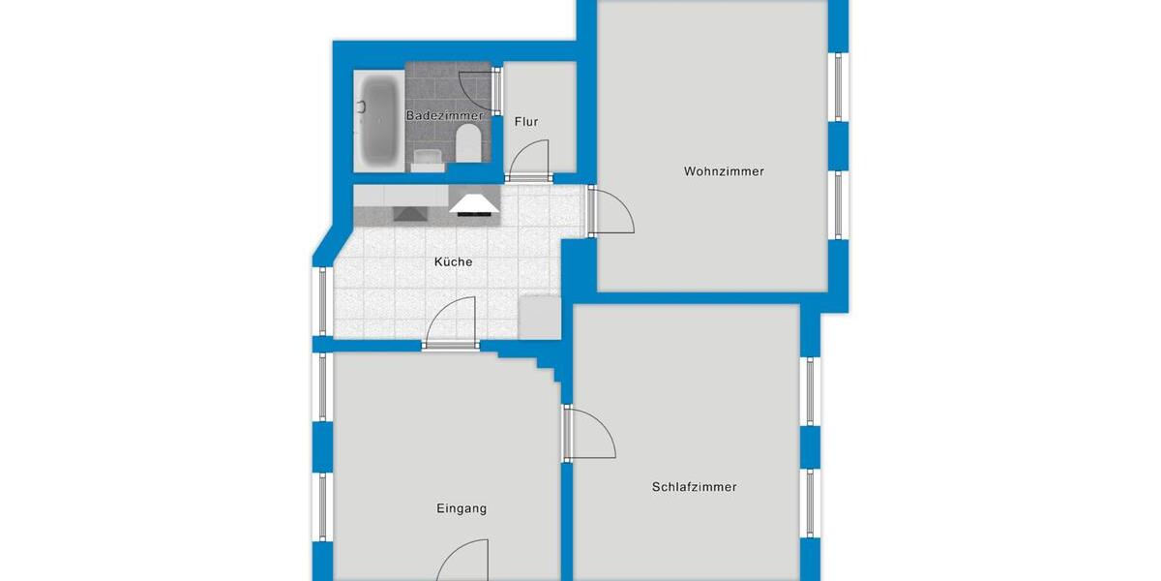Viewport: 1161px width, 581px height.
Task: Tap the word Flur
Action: point(526,122)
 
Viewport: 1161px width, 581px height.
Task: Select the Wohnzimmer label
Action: point(724,171)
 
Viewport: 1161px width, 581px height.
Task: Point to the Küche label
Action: point(453,261)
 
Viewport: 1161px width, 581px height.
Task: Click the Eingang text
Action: point(461,508)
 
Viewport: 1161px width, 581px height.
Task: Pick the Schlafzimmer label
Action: point(694,487)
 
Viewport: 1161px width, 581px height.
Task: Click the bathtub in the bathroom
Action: point(378,121)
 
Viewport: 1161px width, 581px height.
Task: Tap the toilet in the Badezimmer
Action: point(467,143)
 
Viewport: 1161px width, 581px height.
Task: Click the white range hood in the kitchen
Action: point(474,201)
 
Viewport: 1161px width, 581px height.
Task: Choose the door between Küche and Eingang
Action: point(453,324)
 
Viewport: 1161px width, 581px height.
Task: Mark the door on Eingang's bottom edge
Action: point(462,562)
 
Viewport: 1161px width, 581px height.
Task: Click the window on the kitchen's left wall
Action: point(322,300)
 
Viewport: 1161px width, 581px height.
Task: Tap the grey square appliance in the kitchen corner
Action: point(537,318)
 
